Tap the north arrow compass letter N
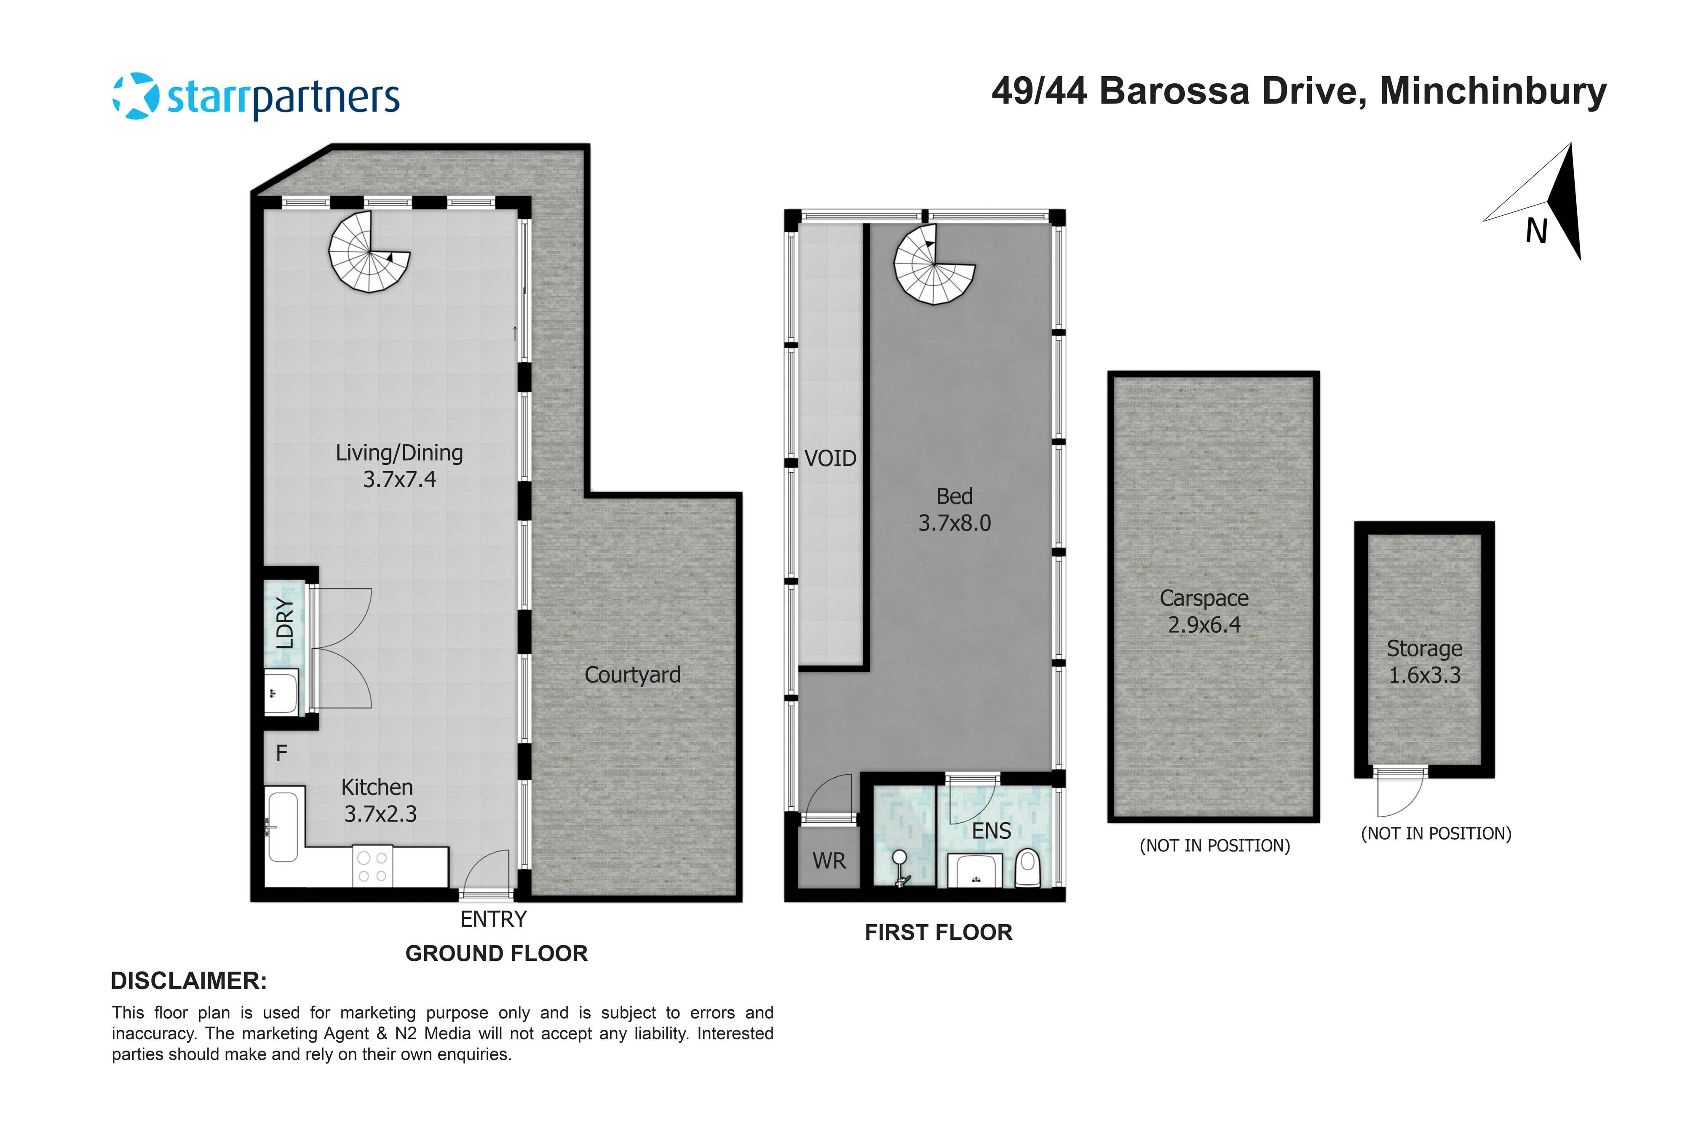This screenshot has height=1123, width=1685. (1536, 231)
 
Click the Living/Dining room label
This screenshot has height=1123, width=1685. (399, 453)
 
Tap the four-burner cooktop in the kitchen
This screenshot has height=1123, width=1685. (372, 867)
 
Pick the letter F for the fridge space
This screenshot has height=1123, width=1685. (281, 753)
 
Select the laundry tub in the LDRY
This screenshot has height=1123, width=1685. (281, 692)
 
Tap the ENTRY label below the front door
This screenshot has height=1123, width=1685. (493, 919)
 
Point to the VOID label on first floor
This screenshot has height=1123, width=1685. (830, 459)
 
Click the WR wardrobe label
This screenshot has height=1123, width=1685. (829, 861)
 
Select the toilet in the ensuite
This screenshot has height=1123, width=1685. (1027, 868)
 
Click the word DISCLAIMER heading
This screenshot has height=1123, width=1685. (188, 981)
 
